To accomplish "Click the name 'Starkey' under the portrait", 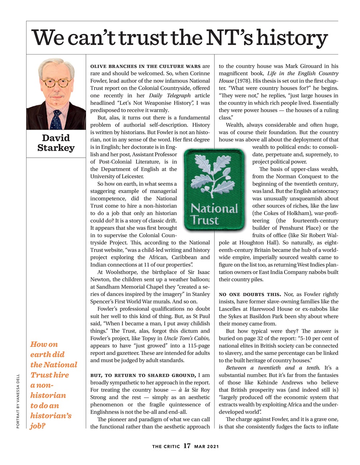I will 56,148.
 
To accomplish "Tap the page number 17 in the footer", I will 187,446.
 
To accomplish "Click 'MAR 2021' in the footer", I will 206,446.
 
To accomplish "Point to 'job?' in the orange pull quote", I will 38,426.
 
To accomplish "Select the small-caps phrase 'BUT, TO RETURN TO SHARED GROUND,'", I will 143,375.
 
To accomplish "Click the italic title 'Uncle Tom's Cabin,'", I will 187,338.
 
